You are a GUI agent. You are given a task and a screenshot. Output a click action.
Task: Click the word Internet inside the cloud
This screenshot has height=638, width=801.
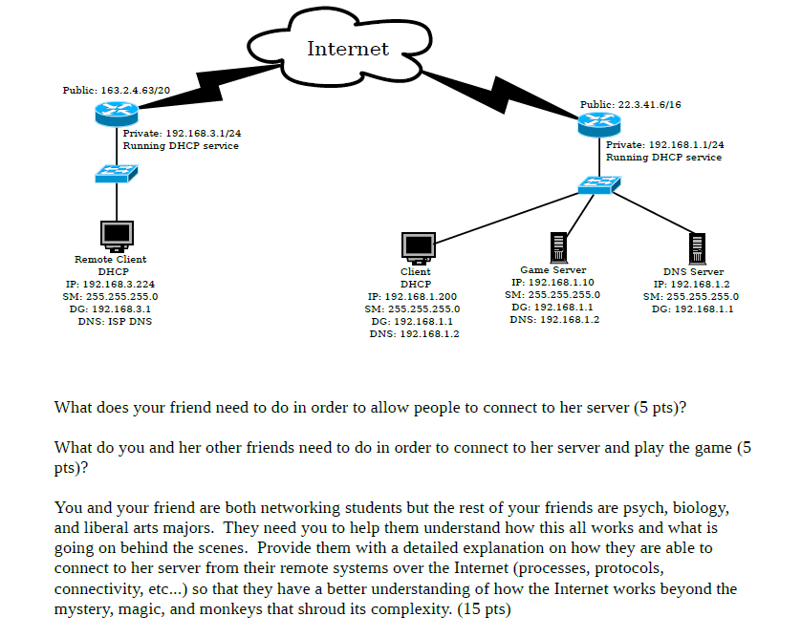348,49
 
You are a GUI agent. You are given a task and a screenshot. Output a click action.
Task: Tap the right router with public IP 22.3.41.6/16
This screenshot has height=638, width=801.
599,123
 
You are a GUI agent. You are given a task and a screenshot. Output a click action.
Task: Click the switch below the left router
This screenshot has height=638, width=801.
117,173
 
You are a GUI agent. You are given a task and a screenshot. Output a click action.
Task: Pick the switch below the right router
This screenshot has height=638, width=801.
599,184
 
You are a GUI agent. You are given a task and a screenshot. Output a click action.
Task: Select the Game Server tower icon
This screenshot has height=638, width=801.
552,246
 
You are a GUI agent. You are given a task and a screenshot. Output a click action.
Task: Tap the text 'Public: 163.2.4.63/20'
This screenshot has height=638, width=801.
116,90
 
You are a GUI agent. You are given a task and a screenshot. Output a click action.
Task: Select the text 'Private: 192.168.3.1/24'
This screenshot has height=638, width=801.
183,134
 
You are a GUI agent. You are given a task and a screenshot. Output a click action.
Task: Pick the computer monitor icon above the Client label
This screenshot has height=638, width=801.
418,247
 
